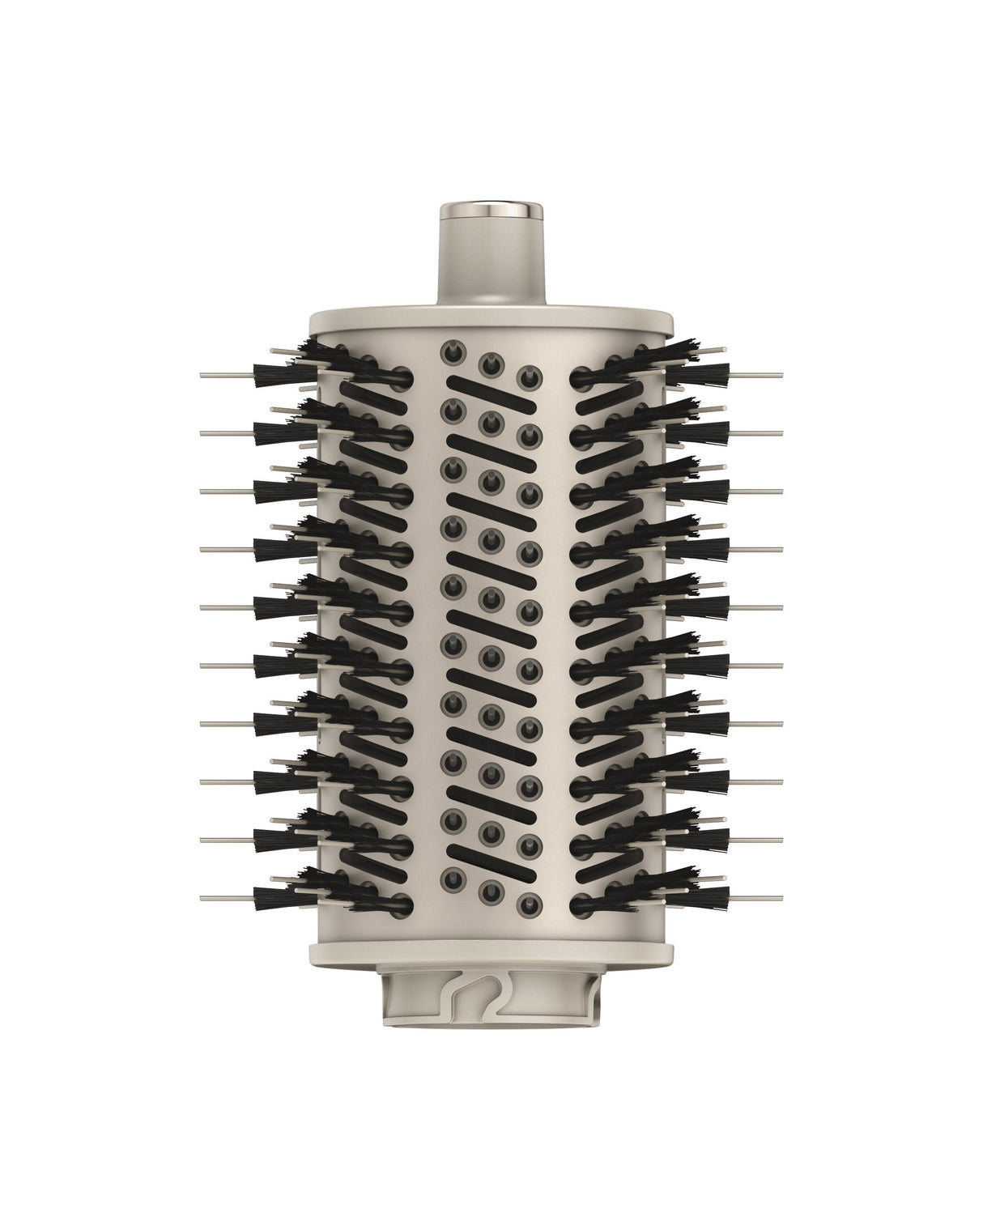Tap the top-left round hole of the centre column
(x=450, y=351)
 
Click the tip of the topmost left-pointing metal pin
(x=202, y=375)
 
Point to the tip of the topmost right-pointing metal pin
(x=781, y=375)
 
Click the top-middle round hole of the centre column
(x=490, y=363)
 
